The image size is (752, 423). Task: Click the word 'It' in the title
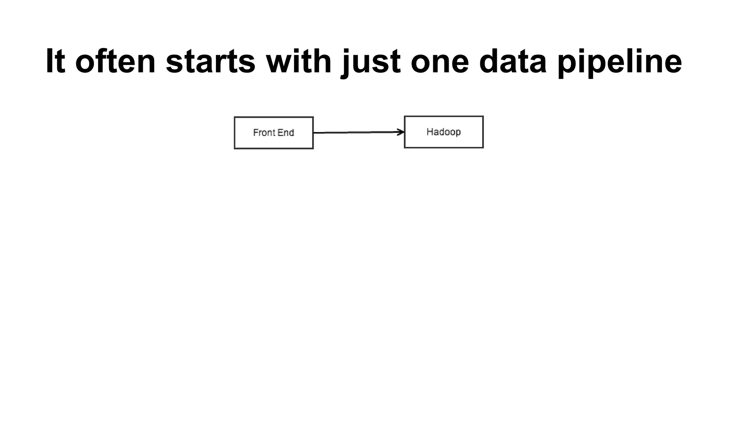point(55,61)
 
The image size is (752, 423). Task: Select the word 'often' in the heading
point(115,61)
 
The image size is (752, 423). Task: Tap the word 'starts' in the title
point(210,61)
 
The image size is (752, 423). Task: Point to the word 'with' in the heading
point(299,61)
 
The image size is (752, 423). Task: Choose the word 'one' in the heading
point(440,61)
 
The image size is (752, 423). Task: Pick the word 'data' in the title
point(513,61)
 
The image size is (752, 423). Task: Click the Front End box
point(274,141)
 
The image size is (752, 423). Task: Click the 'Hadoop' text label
point(444,132)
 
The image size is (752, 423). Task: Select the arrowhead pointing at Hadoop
point(401,132)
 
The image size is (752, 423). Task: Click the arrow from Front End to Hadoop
point(356,132)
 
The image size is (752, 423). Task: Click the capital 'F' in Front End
point(256,133)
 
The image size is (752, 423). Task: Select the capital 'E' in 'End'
point(281,133)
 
